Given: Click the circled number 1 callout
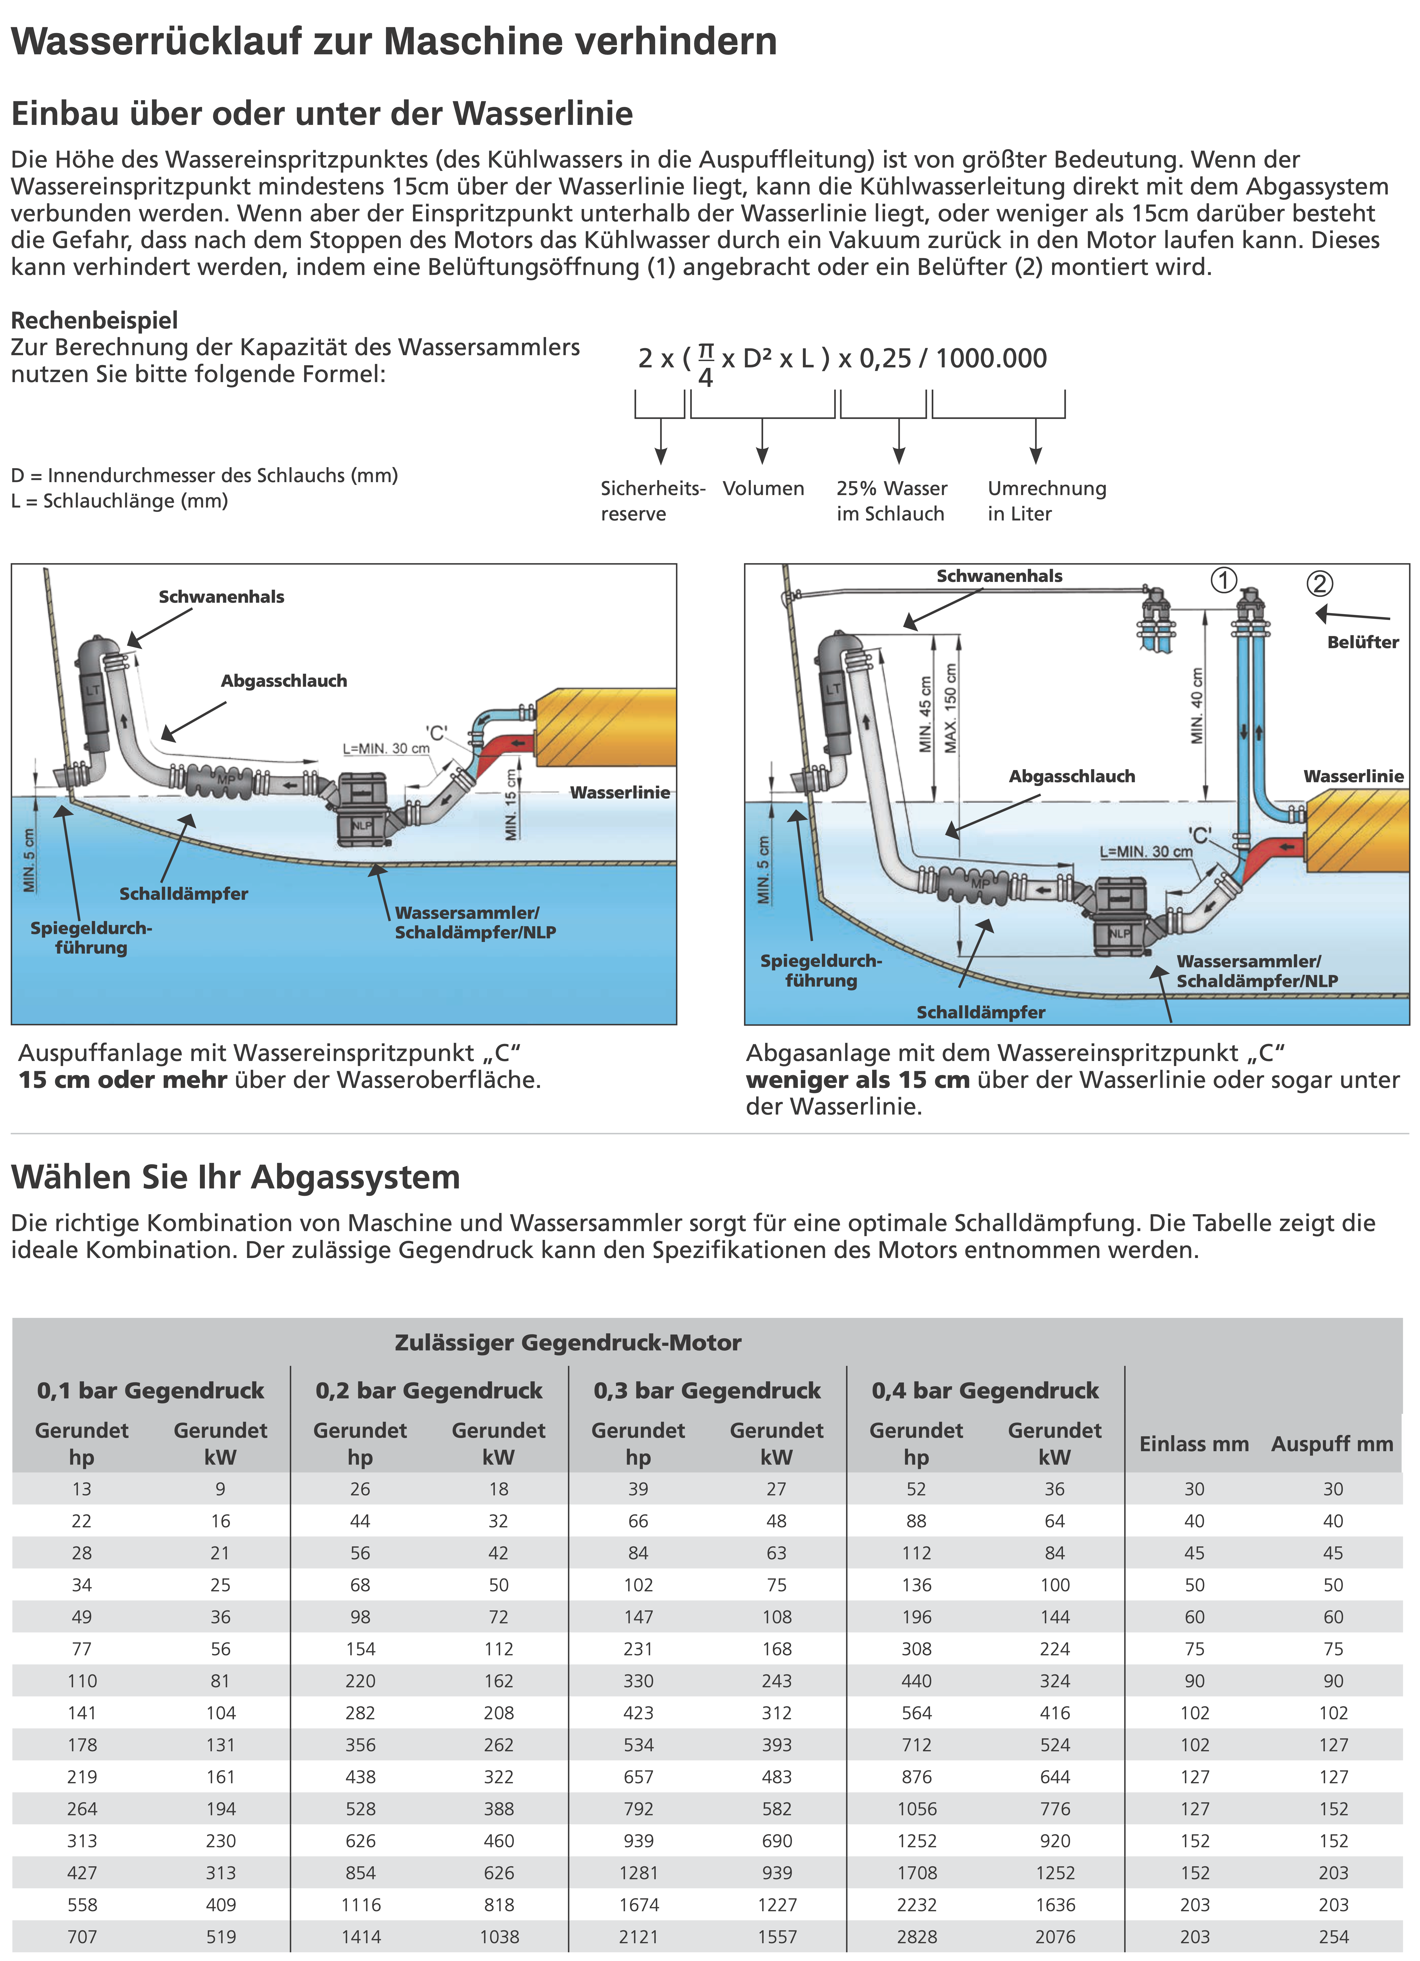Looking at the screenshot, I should click(1223, 580).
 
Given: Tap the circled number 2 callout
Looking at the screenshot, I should click(1319, 584).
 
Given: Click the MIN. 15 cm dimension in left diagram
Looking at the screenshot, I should click(511, 804).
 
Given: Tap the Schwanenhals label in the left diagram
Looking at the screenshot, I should click(221, 597).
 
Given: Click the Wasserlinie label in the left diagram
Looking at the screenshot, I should click(620, 792).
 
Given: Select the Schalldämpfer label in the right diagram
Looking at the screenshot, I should click(980, 1012).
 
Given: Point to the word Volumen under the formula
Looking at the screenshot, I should click(763, 488).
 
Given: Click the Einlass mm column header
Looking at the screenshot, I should click(1194, 1444).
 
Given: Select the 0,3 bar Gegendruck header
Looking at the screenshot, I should click(707, 1390).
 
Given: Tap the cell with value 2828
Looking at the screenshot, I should click(916, 1937).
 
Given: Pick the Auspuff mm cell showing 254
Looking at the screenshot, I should click(1333, 1937).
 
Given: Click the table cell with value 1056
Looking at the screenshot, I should click(916, 1809).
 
